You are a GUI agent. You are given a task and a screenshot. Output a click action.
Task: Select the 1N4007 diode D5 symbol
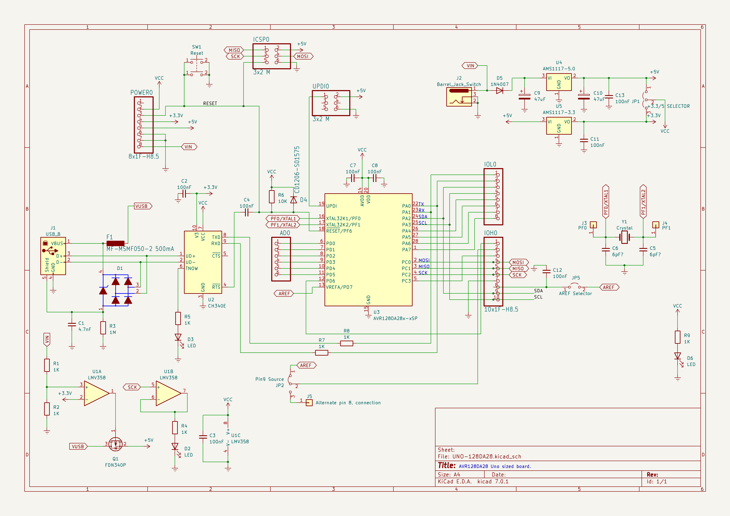click(500, 91)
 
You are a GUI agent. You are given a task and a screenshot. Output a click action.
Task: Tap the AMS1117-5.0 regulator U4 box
click(559, 82)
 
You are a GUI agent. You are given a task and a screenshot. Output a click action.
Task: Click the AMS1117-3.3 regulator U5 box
click(559, 126)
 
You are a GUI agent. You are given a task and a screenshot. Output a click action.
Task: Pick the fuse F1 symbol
click(115, 243)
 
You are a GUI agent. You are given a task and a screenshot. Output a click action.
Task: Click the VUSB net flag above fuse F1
click(142, 206)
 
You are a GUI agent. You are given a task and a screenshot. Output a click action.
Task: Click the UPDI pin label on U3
click(331, 206)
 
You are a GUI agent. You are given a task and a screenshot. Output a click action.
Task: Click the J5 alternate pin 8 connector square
click(309, 403)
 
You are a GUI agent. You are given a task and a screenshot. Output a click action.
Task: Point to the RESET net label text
click(210, 104)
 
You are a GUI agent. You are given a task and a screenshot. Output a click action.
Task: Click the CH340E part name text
click(217, 306)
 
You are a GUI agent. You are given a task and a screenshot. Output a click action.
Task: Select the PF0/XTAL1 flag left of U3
click(283, 219)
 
